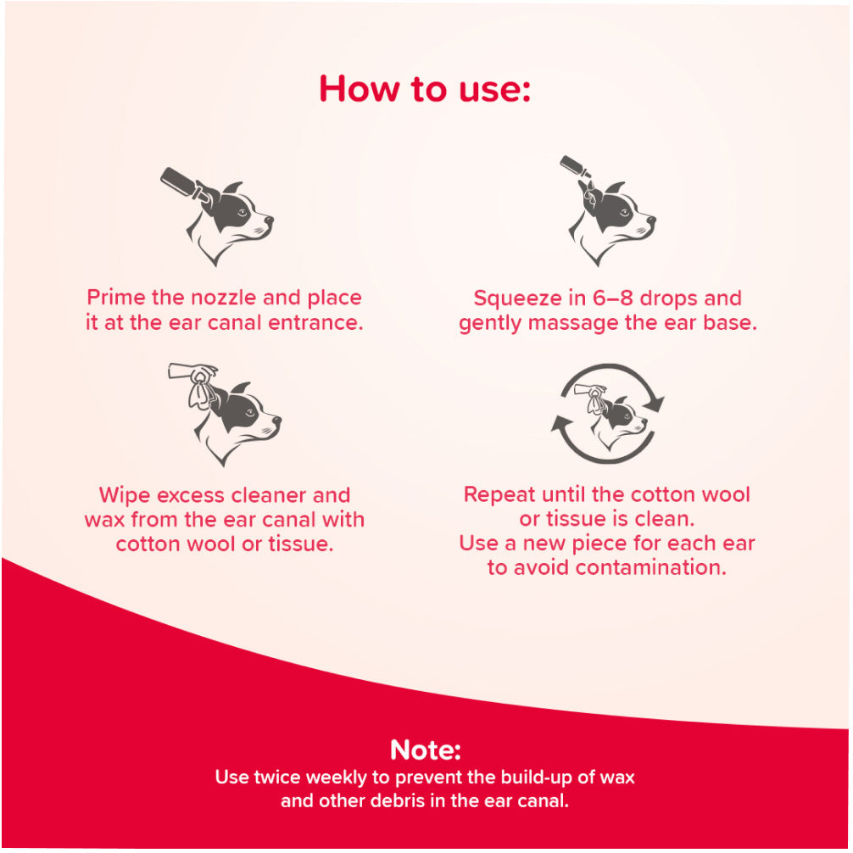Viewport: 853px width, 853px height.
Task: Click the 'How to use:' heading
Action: click(x=424, y=89)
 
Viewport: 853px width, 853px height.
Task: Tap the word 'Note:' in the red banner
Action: click(x=426, y=750)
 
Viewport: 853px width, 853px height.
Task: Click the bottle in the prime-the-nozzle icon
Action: click(x=182, y=183)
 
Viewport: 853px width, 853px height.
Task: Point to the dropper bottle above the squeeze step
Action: click(x=576, y=167)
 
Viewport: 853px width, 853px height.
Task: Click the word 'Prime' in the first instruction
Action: click(x=116, y=298)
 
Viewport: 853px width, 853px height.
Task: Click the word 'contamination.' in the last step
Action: click(x=650, y=567)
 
